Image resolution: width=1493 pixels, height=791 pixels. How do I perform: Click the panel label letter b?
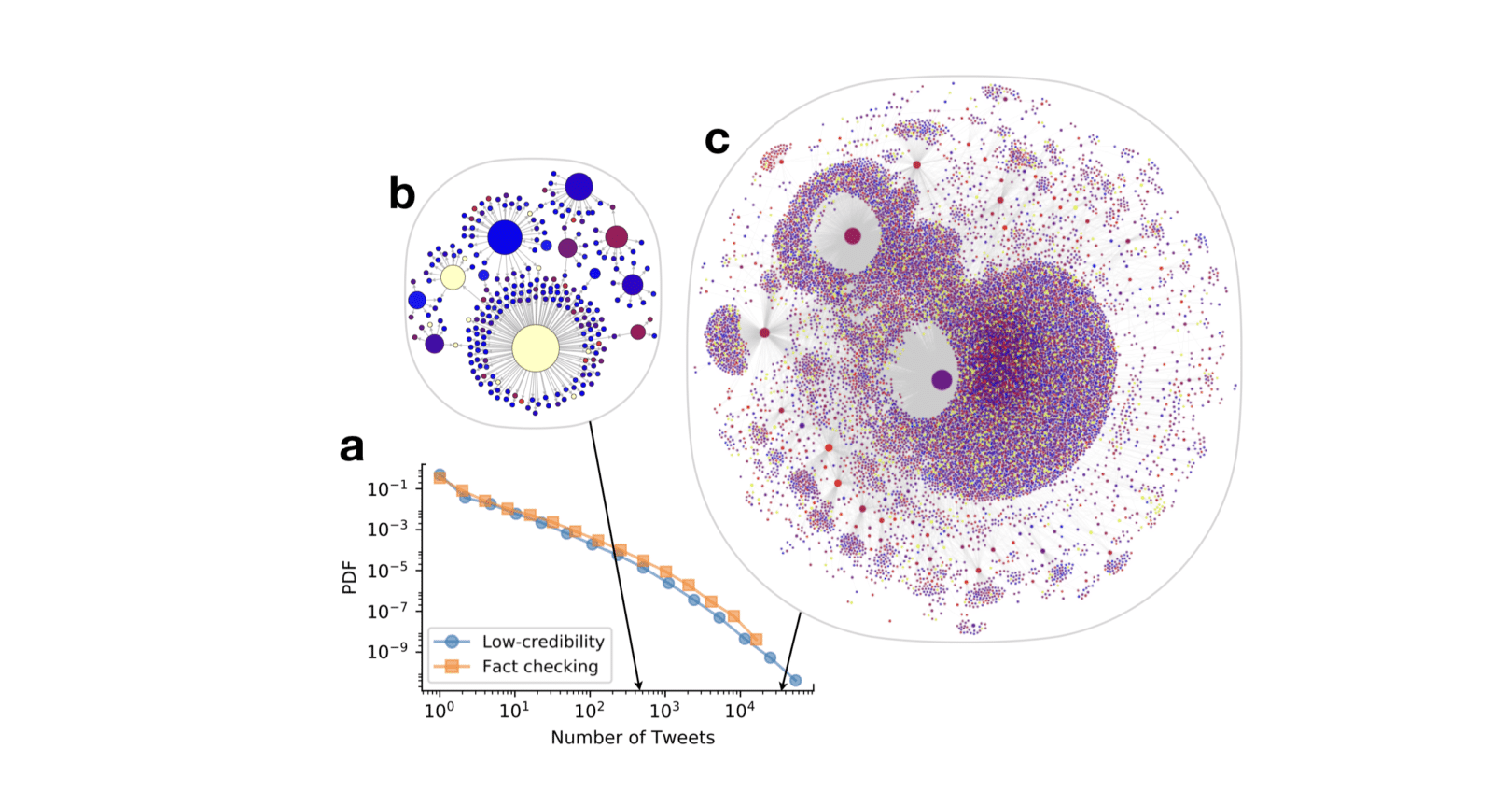[401, 193]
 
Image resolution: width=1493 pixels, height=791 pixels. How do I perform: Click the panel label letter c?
[717, 139]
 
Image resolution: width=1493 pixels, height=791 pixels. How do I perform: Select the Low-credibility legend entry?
[542, 642]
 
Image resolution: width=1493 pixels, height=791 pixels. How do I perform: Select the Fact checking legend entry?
[539, 666]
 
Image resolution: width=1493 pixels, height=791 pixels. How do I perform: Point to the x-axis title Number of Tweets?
[633, 738]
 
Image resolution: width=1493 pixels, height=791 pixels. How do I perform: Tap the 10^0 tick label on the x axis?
[439, 711]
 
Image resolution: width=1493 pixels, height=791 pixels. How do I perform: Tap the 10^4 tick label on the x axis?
[740, 711]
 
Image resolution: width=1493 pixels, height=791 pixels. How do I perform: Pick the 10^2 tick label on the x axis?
[590, 711]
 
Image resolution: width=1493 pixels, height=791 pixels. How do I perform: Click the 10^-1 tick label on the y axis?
[387, 488]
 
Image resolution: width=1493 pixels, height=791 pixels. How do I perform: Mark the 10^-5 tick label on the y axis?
[387, 570]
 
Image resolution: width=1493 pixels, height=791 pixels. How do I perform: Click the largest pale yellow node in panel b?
[536, 348]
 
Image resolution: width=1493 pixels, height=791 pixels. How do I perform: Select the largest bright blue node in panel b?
[505, 237]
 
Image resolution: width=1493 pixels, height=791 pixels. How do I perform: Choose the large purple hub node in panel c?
[942, 379]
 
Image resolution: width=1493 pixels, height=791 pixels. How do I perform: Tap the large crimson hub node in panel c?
[852, 235]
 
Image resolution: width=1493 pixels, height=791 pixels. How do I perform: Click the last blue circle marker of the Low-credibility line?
[795, 681]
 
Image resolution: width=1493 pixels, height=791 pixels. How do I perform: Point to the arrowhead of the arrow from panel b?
[639, 687]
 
